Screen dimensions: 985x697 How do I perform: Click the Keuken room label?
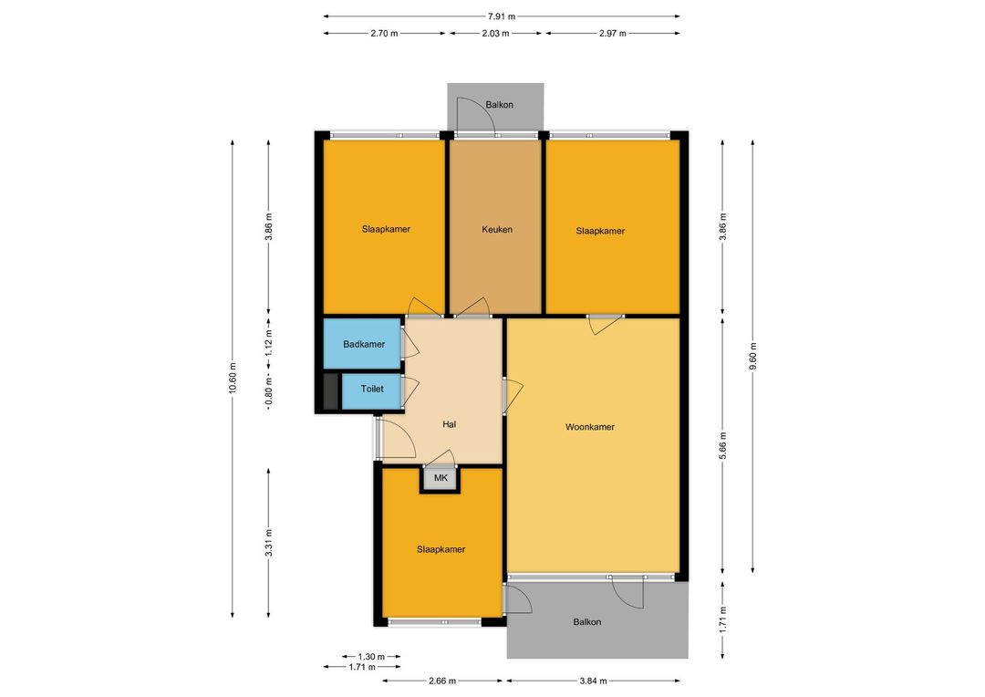[x=497, y=229]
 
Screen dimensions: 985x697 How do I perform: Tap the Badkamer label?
[x=364, y=345]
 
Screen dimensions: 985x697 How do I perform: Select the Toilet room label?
[x=372, y=389]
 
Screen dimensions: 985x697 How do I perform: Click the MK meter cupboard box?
[x=441, y=478]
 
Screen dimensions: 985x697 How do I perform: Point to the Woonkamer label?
[x=590, y=427]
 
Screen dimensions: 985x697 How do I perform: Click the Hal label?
[x=449, y=424]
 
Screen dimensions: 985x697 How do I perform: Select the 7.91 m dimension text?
[x=502, y=16]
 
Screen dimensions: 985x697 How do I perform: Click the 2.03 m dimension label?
[x=495, y=34]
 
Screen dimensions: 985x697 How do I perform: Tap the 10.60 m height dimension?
[x=233, y=379]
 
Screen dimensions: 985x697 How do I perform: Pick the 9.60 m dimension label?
[x=752, y=357]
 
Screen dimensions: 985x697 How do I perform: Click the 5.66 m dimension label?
[x=722, y=445]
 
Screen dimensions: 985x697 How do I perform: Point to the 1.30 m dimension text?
[x=371, y=657]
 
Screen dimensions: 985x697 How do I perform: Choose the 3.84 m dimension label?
[x=593, y=681]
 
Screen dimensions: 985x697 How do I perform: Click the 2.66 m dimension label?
[x=442, y=681]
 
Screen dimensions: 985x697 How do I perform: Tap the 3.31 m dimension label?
[x=269, y=543]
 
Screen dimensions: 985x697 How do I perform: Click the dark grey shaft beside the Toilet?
[x=330, y=391]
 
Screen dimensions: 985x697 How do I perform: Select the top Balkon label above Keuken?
[x=500, y=105]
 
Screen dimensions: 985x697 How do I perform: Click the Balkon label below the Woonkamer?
[x=587, y=622]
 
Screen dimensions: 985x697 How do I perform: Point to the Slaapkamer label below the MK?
[x=441, y=549]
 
